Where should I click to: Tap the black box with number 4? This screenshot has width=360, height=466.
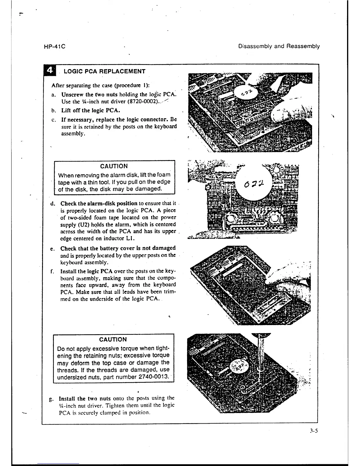click(50, 71)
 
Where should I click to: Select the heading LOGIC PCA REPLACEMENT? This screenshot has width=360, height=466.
click(104, 71)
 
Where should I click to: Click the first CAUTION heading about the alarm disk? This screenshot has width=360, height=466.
click(114, 166)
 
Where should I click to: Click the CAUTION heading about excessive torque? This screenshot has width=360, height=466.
click(113, 339)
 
